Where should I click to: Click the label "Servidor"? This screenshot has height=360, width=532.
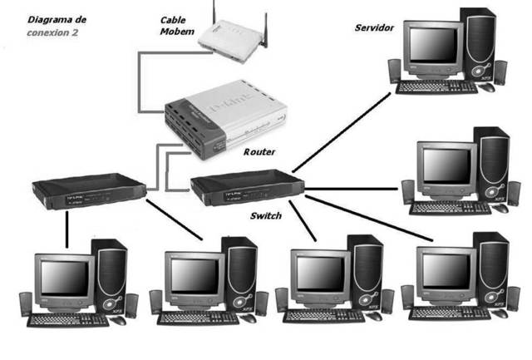pos(374,27)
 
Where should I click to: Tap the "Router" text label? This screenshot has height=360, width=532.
pos(259,152)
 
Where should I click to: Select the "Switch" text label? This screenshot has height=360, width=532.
pos(266,215)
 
